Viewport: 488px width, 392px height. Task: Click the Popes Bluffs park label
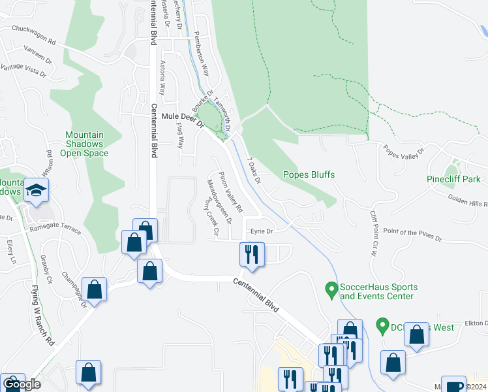[309, 174]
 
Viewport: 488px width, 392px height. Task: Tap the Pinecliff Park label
[453, 179]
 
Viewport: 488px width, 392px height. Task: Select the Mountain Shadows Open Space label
[84, 144]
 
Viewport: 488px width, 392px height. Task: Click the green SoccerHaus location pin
[331, 288]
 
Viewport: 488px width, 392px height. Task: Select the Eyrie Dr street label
[260, 231]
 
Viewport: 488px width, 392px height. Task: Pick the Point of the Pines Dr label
[408, 233]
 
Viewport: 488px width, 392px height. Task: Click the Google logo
[22, 384]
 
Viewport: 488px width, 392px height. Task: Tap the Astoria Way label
[162, 79]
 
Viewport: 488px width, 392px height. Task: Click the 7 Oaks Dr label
[254, 171]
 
